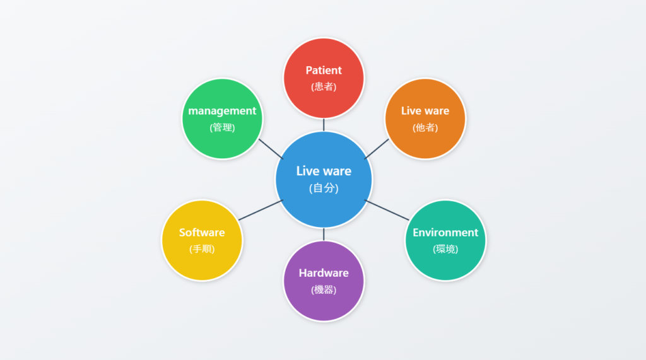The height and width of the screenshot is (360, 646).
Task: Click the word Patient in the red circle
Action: point(324,70)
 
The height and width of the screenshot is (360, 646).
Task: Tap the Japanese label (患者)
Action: point(324,86)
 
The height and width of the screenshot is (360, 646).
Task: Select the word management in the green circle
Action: point(222,110)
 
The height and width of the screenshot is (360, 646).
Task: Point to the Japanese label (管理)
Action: point(222,127)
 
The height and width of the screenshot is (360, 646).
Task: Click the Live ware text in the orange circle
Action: point(425,110)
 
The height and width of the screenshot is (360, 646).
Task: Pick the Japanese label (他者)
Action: point(425,127)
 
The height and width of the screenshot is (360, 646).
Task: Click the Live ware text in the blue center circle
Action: point(324,171)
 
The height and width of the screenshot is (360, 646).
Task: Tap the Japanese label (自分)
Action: point(324,188)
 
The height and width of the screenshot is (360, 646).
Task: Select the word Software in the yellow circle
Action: point(202,232)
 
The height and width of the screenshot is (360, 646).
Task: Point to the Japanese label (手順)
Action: point(202,248)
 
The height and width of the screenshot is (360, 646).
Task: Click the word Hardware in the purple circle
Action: point(324,273)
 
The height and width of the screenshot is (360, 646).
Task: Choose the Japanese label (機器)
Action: point(324,289)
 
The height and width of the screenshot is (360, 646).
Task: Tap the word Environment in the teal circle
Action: point(445,232)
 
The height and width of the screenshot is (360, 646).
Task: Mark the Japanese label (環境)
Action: point(445,248)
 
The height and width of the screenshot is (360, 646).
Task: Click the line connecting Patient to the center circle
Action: point(324,125)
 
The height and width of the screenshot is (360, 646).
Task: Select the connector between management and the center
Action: point(271,148)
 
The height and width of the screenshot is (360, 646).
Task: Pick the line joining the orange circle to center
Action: point(377,148)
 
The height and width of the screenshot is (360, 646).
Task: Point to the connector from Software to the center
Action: point(261,210)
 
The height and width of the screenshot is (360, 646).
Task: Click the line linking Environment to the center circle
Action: point(387,210)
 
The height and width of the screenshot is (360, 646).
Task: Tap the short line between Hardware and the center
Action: point(324,235)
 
